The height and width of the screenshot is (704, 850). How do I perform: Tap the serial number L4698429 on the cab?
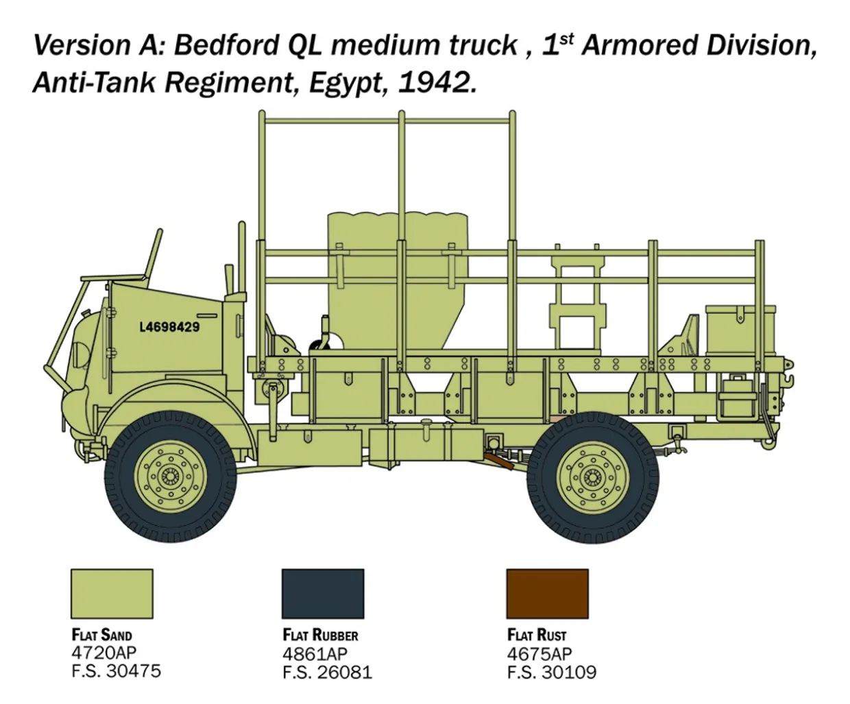[x=169, y=327]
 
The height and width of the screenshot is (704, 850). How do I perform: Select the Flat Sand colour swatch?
[x=112, y=594]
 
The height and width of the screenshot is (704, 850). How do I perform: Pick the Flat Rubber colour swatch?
[x=323, y=594]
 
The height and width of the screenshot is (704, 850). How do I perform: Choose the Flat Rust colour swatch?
[x=547, y=594]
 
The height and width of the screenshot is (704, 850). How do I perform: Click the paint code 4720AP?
[x=104, y=653]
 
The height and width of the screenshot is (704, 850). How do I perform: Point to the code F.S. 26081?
[x=327, y=672]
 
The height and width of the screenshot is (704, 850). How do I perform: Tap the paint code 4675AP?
[x=539, y=653]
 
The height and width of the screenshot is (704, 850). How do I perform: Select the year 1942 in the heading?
[x=435, y=83]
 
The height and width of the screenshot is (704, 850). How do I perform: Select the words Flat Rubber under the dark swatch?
[x=320, y=635]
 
